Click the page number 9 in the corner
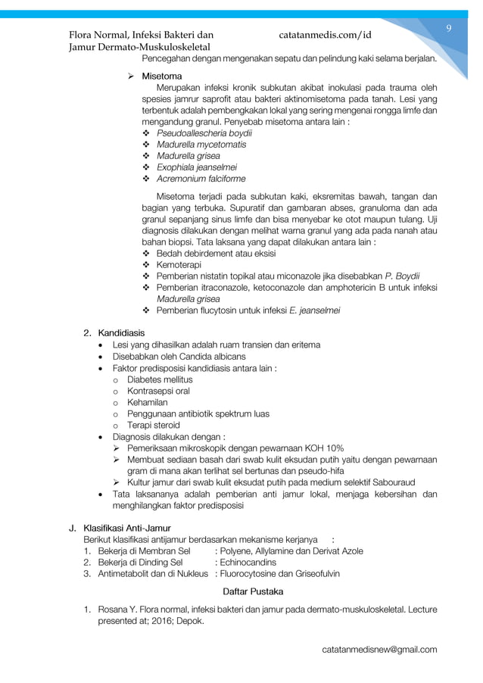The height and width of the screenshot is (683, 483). click(x=448, y=29)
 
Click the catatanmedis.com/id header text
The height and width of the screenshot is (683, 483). click(x=325, y=35)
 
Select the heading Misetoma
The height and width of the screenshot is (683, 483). click(x=161, y=76)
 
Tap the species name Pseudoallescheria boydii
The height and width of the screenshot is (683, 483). click(x=204, y=133)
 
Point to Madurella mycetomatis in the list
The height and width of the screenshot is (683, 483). click(x=201, y=145)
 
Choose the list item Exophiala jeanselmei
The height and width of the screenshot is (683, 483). click(x=197, y=167)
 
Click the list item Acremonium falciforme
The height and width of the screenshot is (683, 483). click(x=201, y=179)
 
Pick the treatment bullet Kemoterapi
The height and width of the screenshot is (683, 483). click(x=180, y=265)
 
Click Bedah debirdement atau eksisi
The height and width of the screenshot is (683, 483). click(x=216, y=254)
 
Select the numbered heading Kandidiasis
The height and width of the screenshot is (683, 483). click(x=121, y=333)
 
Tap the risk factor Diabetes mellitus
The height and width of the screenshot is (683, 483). click(x=160, y=379)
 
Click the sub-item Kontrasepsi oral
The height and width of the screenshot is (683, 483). click(x=158, y=391)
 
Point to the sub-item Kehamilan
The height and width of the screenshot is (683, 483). click(x=148, y=402)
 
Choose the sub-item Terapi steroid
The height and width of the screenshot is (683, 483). click(x=154, y=426)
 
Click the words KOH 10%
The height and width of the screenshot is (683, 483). click(x=323, y=448)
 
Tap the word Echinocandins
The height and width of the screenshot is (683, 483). click(x=248, y=562)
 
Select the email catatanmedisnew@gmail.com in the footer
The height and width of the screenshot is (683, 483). click(x=379, y=650)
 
